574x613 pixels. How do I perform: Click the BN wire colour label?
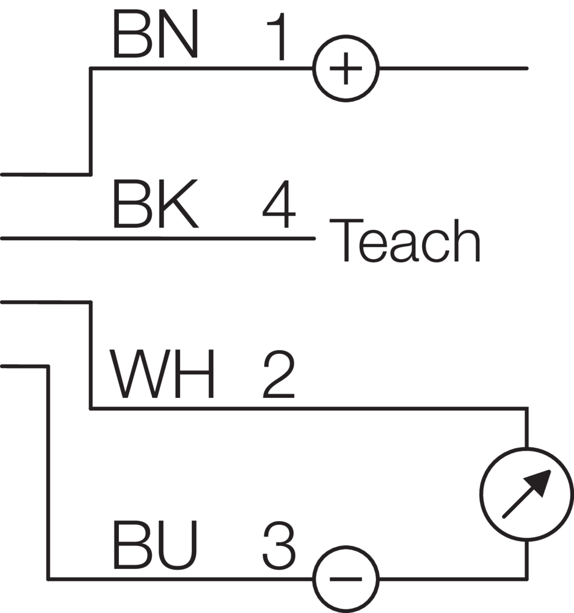tap(156, 33)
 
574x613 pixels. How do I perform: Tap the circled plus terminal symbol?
tap(346, 68)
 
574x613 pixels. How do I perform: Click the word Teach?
tap(403, 240)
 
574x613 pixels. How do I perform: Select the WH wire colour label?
tap(161, 374)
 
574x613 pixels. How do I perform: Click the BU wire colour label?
tap(156, 544)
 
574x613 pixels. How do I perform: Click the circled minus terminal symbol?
tap(346, 579)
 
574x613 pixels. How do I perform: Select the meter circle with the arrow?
tap(526, 494)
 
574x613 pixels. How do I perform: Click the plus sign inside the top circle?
tap(346, 68)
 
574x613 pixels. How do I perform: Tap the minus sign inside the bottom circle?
tap(346, 579)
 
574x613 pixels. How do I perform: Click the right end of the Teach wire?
tap(313, 238)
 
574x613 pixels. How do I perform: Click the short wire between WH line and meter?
tap(527, 427)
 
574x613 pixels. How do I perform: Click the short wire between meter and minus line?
tap(527, 559)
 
